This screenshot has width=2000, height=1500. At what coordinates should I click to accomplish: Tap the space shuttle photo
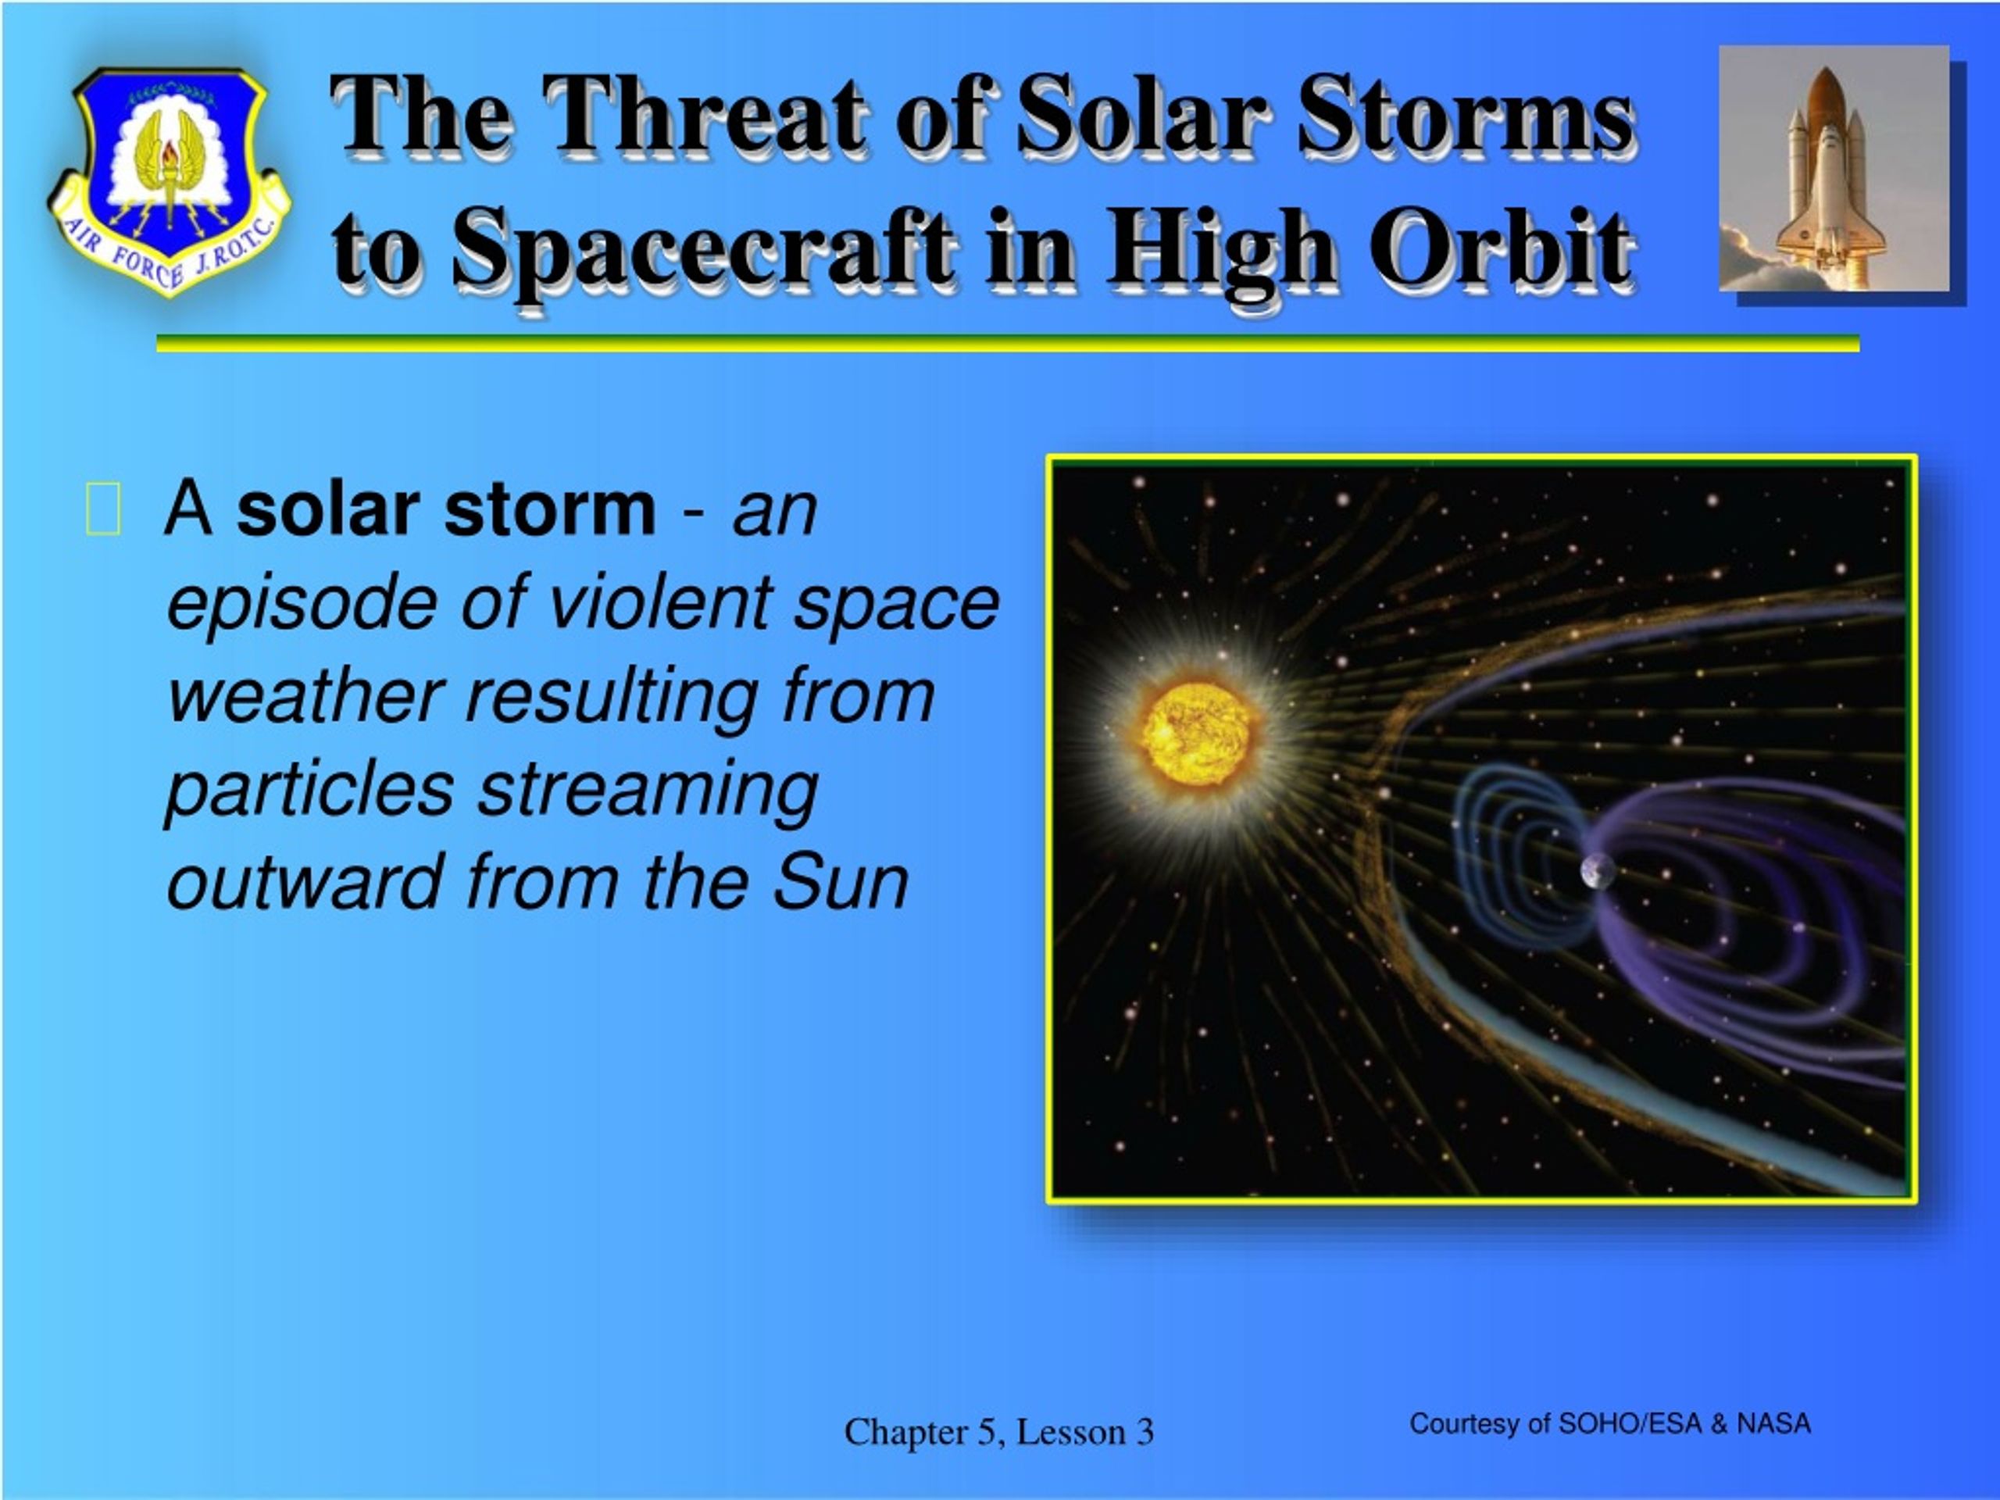1834,168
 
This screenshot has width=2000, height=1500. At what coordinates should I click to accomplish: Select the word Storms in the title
1466,115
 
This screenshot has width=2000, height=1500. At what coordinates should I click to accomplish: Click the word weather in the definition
305,696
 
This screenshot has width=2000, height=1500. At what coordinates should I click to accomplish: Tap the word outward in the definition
305,881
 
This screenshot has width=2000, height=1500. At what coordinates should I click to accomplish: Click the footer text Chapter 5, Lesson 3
999,1432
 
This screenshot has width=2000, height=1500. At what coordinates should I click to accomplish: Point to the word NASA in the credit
1773,1424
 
